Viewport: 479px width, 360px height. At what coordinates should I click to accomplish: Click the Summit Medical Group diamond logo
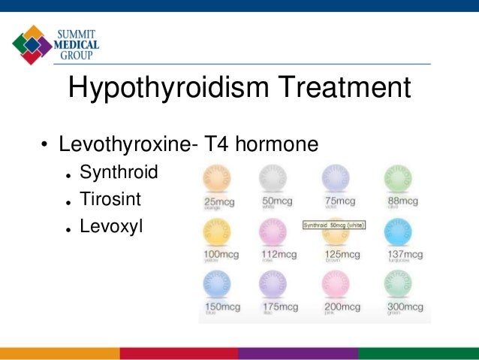(x=32, y=45)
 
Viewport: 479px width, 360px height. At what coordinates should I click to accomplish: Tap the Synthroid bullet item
(x=119, y=173)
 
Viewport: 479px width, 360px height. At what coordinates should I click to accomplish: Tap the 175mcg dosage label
(x=279, y=307)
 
